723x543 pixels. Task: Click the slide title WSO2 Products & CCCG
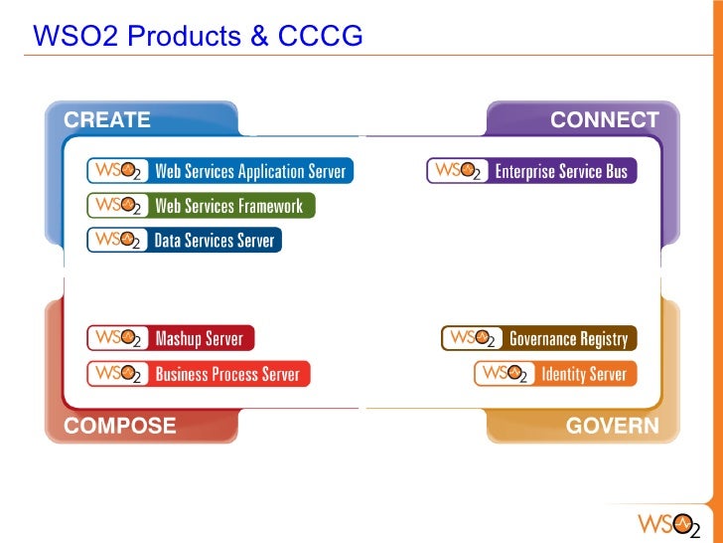[198, 37]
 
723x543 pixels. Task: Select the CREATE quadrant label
[107, 120]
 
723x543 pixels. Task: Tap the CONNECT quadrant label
[604, 120]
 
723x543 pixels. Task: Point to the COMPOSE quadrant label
[119, 427]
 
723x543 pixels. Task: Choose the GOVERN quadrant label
[612, 427]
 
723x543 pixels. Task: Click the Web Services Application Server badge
[218, 171]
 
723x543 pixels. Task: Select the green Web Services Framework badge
[202, 206]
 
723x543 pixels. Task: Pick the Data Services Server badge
[185, 240]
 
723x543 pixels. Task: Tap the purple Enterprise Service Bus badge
[531, 171]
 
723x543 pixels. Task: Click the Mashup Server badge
[171, 339]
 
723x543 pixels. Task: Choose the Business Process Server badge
[199, 374]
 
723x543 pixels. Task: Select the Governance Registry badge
[538, 339]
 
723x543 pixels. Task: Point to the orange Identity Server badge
[555, 374]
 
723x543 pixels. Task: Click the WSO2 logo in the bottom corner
[667, 523]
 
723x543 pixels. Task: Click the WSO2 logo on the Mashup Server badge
[118, 339]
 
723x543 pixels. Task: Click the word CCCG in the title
[320, 37]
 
